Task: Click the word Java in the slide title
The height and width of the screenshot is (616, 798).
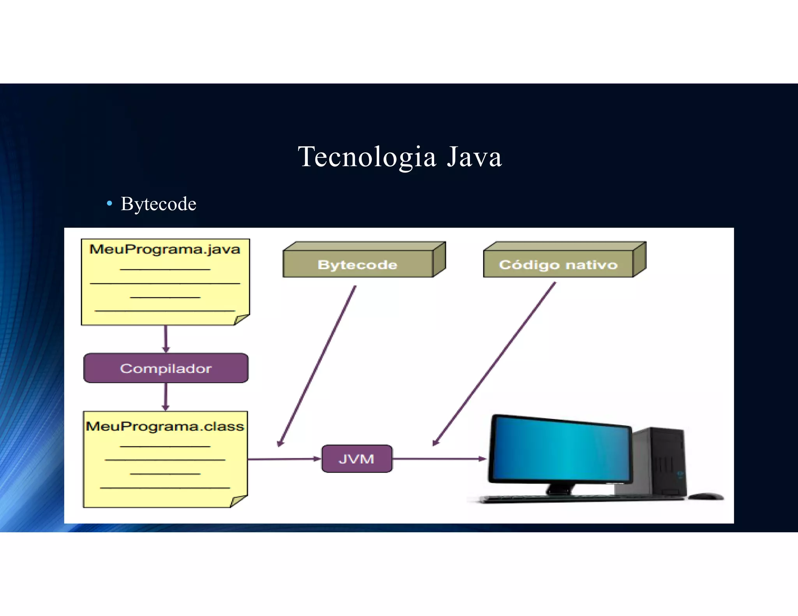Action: [x=474, y=157]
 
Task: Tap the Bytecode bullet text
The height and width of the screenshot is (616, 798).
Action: [x=158, y=204]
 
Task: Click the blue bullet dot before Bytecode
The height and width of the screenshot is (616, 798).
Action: [x=109, y=203]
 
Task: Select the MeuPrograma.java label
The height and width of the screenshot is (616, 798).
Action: [x=165, y=249]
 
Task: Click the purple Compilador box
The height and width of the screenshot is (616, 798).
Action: [x=166, y=368]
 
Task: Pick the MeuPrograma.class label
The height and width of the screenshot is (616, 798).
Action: [x=165, y=426]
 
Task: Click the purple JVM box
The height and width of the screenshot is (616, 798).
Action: [x=357, y=459]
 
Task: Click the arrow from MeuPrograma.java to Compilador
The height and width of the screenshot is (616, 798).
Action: [x=166, y=339]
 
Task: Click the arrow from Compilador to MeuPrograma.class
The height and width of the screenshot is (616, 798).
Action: [x=166, y=396]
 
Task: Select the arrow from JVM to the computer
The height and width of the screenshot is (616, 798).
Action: [x=439, y=459]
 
